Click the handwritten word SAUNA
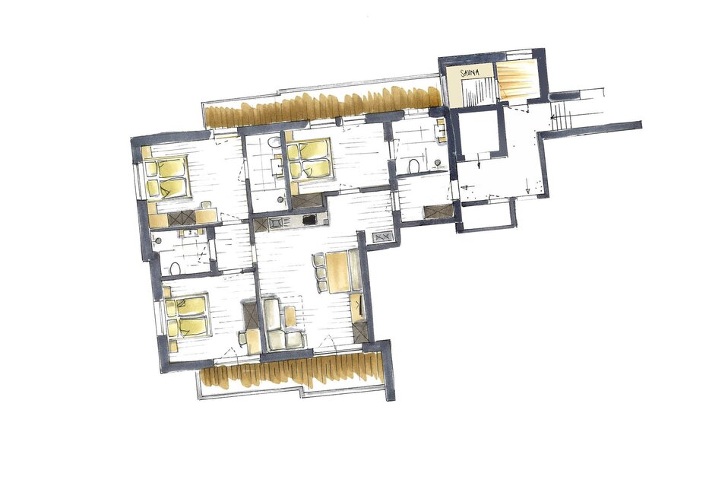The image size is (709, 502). click(469, 72)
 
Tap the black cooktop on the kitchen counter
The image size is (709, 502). click(309, 220)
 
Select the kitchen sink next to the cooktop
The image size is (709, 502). click(275, 222)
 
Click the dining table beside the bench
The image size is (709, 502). click(338, 272)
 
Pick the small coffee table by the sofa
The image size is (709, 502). click(290, 315)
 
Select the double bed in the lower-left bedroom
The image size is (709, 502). click(188, 316)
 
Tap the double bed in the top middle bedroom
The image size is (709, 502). click(310, 160)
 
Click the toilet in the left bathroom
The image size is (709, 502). click(175, 269)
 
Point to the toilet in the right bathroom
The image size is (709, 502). click(413, 166)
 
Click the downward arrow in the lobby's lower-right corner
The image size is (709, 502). click(527, 185)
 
